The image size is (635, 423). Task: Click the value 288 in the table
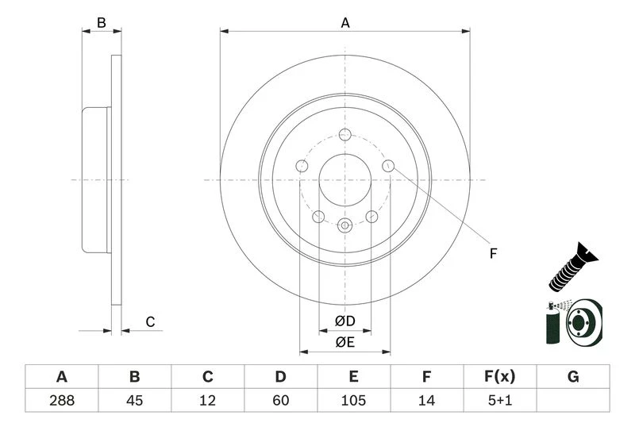(x=61, y=400)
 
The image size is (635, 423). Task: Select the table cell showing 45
(x=134, y=400)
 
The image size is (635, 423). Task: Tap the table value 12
(x=207, y=400)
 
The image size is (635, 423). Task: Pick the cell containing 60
(x=280, y=400)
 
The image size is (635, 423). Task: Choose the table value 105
(x=353, y=400)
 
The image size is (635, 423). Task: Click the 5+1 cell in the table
(x=500, y=400)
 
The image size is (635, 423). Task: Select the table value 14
(x=427, y=400)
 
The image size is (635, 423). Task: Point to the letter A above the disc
(x=345, y=24)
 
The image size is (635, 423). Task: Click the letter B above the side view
(x=102, y=23)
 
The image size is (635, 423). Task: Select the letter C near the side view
(x=149, y=321)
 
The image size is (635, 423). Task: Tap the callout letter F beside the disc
(x=492, y=254)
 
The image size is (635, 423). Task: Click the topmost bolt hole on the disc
(x=344, y=134)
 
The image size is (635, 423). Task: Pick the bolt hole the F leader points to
(x=388, y=165)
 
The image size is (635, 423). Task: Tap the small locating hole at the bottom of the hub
(x=344, y=226)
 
